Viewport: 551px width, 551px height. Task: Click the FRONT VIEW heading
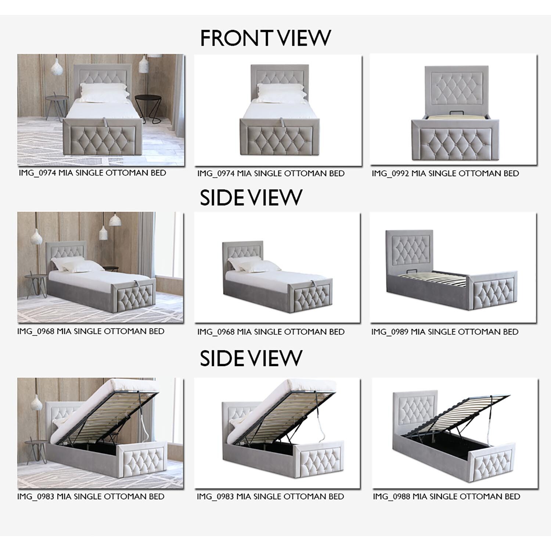265,38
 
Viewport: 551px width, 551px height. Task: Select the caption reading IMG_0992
445,173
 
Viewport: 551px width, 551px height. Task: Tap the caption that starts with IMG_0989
444,332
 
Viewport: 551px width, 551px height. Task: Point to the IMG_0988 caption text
446,497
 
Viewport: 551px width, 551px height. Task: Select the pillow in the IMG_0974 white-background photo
281,93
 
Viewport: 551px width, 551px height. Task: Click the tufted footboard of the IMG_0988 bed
493,465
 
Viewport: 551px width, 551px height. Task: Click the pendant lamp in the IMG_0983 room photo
36,403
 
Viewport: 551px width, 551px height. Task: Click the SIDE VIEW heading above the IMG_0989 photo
251,198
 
